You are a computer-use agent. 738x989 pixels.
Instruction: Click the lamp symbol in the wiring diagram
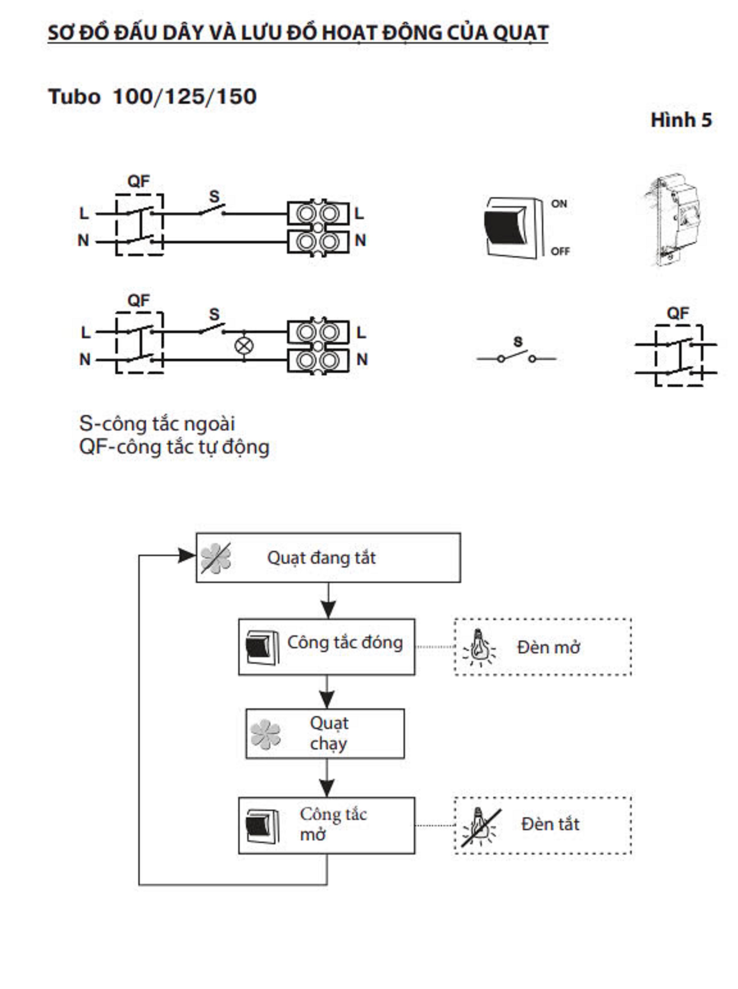pyautogui.click(x=244, y=345)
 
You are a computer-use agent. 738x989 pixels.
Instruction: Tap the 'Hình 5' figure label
pyautogui.click(x=681, y=120)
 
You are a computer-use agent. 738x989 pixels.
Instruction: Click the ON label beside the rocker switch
pyautogui.click(x=559, y=204)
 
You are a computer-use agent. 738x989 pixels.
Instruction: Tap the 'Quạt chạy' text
pyautogui.click(x=329, y=733)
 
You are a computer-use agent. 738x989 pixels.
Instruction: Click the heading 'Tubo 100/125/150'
pyautogui.click(x=152, y=97)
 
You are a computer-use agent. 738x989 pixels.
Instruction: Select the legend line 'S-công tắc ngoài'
pyautogui.click(x=157, y=424)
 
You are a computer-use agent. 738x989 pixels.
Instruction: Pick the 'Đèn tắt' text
pyautogui.click(x=550, y=824)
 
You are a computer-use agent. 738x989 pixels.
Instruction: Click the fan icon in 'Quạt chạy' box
pyautogui.click(x=265, y=734)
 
